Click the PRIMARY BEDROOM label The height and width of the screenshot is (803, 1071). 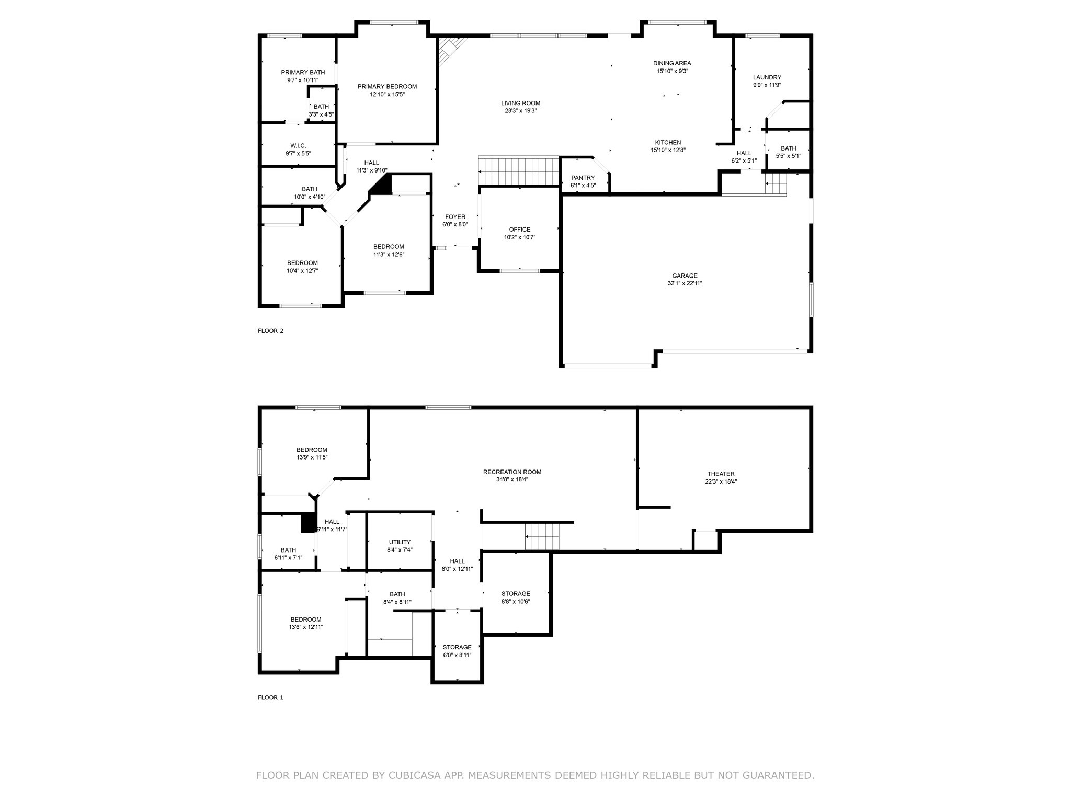[x=387, y=87]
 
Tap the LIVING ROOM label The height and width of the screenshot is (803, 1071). [x=520, y=104]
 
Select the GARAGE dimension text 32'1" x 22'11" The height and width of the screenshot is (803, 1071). [x=685, y=283]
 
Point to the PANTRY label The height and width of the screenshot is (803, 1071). [x=583, y=178]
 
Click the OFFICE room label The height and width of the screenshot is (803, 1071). [x=520, y=230]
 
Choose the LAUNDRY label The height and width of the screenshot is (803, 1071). [x=767, y=77]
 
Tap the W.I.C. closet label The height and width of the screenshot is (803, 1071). [x=298, y=146]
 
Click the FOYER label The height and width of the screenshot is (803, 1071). [x=455, y=217]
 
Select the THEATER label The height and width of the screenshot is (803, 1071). [x=721, y=474]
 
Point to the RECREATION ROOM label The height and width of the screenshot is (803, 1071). [x=512, y=472]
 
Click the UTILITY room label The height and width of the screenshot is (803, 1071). [x=400, y=542]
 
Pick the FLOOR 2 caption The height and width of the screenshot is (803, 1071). [x=270, y=331]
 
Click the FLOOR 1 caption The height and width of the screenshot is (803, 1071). [x=270, y=697]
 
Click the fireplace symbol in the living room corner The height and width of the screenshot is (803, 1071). [x=448, y=51]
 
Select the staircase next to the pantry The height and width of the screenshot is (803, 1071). [x=520, y=172]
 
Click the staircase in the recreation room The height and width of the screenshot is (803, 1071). [x=542, y=536]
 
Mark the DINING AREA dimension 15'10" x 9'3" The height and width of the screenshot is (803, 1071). [x=672, y=71]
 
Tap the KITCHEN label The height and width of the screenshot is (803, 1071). [x=668, y=143]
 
